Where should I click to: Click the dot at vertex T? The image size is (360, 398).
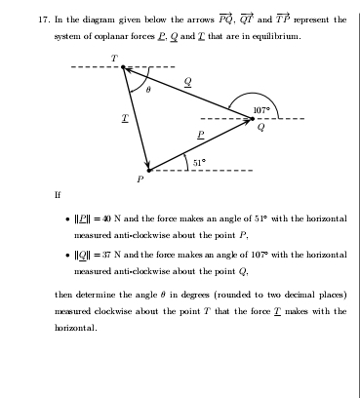coord(123,68)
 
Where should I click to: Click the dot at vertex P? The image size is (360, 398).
coord(148,170)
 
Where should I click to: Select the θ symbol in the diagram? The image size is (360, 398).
coord(147,89)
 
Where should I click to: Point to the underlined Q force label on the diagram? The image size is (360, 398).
coord(187,83)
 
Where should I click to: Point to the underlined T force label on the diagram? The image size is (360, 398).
coord(125,115)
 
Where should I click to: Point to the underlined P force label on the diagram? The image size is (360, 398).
coord(200,134)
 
